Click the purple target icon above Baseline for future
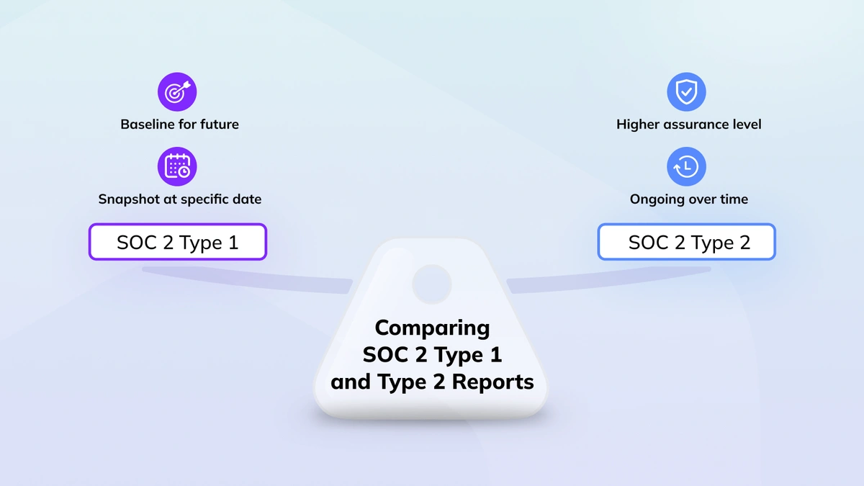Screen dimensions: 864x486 (177, 92)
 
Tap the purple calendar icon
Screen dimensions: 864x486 (177, 166)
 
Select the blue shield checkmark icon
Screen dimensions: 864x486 (687, 92)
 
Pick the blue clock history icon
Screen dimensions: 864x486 (687, 166)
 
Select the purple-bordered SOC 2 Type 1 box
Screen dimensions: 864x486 (178, 242)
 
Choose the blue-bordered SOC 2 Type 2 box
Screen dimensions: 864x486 (687, 242)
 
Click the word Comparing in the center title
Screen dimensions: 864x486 (433, 328)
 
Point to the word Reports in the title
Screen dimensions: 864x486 (492, 382)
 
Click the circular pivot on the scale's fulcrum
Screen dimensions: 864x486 (432, 284)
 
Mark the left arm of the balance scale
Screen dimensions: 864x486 (247, 279)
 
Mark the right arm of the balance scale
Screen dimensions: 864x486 (608, 279)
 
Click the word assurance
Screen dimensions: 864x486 (698, 125)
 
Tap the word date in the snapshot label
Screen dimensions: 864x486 (247, 199)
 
